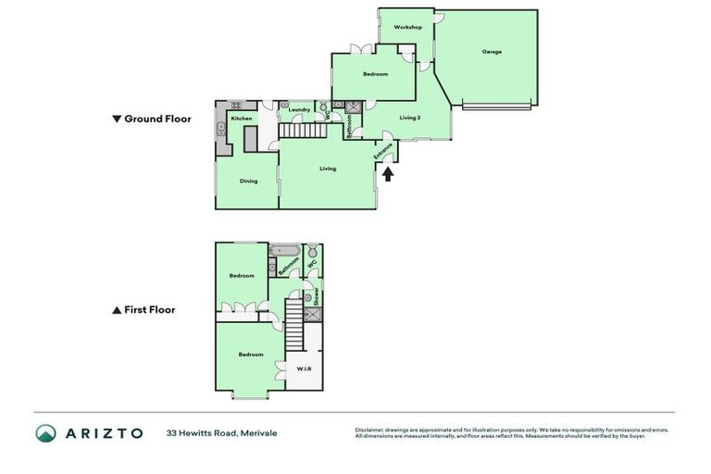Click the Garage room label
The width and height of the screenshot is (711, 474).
point(492,52)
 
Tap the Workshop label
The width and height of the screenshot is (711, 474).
point(407,28)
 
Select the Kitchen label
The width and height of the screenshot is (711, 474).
point(242,118)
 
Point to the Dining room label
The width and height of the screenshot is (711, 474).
point(248,181)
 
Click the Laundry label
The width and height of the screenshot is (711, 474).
point(299,110)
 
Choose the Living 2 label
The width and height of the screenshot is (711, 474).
point(410,118)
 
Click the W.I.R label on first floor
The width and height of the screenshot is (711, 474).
point(304,369)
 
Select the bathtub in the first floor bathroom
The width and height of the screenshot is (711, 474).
point(282,251)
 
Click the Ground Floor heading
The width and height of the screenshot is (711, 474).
point(151,118)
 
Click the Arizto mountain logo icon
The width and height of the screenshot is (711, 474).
point(46,432)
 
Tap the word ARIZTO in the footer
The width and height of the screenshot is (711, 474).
point(103,432)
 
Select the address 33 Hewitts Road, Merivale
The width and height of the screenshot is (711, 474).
point(221,432)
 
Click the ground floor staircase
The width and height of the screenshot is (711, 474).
point(298,131)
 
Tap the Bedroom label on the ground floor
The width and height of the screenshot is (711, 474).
point(375,74)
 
